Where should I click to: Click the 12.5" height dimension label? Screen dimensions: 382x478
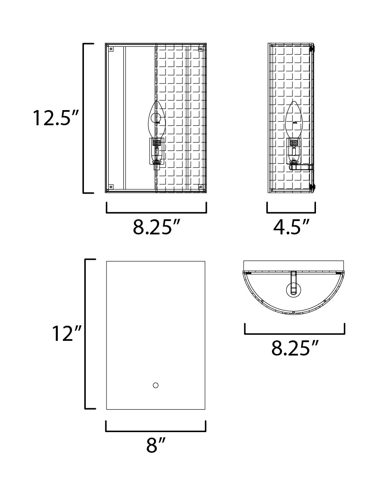pyautogui.click(x=56, y=118)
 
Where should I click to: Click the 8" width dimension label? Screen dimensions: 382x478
pyautogui.click(x=155, y=445)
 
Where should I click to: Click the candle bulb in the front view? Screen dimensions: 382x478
pyautogui.click(x=157, y=119)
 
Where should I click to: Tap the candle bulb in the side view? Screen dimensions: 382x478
pyautogui.click(x=294, y=119)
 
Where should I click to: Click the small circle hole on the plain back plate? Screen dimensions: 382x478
pyautogui.click(x=155, y=385)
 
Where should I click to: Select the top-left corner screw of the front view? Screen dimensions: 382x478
pyautogui.click(x=111, y=49)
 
